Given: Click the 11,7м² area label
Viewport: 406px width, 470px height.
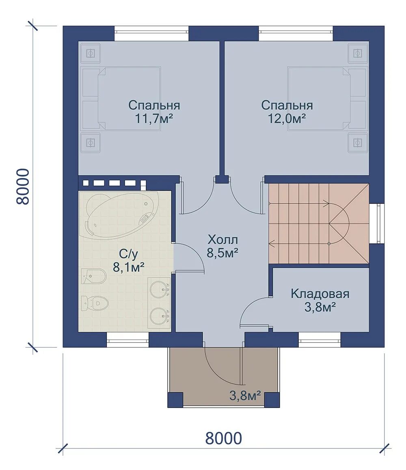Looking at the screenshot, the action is [154, 119].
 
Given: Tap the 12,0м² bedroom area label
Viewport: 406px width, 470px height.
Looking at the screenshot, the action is [287, 119].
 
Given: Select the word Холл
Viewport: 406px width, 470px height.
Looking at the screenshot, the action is [222, 240].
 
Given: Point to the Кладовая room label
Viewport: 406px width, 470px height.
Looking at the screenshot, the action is [320, 294].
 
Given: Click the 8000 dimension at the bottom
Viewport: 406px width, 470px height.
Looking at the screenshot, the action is [224, 439].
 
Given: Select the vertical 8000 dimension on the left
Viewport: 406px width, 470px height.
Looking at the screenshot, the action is [23, 187].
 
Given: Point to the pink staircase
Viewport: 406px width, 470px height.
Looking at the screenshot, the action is [319, 223].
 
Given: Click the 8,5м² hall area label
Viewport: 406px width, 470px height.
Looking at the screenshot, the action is [222, 253].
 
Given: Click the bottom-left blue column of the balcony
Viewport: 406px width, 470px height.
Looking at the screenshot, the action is [175, 400].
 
